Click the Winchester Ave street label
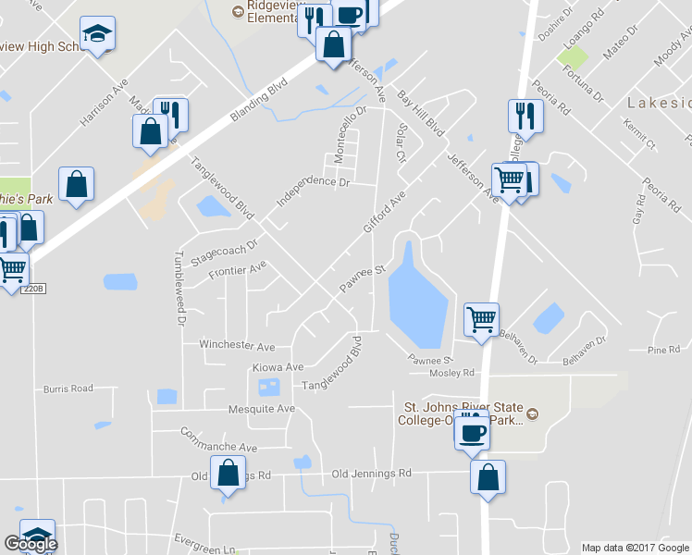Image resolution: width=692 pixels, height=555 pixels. (x=237, y=346)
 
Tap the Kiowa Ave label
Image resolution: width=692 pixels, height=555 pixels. (x=278, y=367)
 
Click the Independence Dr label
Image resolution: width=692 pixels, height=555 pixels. (x=314, y=190)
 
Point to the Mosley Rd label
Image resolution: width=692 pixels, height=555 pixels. (x=451, y=373)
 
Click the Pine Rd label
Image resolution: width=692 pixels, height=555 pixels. (x=663, y=350)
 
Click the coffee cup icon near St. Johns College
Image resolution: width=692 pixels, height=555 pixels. (x=471, y=432)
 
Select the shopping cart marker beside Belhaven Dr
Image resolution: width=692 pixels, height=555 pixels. (x=481, y=320)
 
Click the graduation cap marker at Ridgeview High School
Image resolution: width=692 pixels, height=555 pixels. (x=96, y=35)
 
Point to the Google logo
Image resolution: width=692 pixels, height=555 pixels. (x=31, y=543)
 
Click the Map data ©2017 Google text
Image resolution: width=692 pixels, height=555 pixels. (x=636, y=548)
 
